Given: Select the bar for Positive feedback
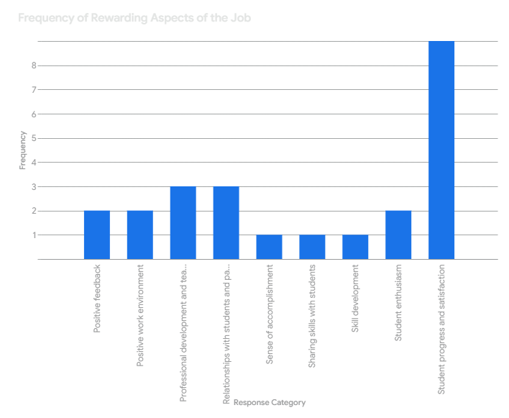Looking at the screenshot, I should (x=96, y=235).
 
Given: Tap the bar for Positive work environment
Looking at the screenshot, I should (x=139, y=235).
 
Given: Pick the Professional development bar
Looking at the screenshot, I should (x=183, y=222).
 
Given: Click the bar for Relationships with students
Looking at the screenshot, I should (x=226, y=222).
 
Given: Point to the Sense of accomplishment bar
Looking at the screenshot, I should (x=269, y=247).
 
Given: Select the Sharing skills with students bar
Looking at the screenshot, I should (x=312, y=247).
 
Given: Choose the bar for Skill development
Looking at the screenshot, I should (x=355, y=247).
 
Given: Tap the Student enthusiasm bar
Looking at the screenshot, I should (x=398, y=235).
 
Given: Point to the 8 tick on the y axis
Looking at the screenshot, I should (x=35, y=65).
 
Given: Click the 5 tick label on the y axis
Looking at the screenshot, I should (x=35, y=138).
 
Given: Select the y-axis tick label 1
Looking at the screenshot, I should (x=35, y=235).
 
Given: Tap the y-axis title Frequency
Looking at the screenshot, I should (x=22, y=150).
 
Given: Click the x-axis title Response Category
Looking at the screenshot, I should (x=270, y=402).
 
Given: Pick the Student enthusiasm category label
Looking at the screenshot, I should (x=399, y=302).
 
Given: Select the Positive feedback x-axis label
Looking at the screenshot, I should (x=97, y=299).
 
